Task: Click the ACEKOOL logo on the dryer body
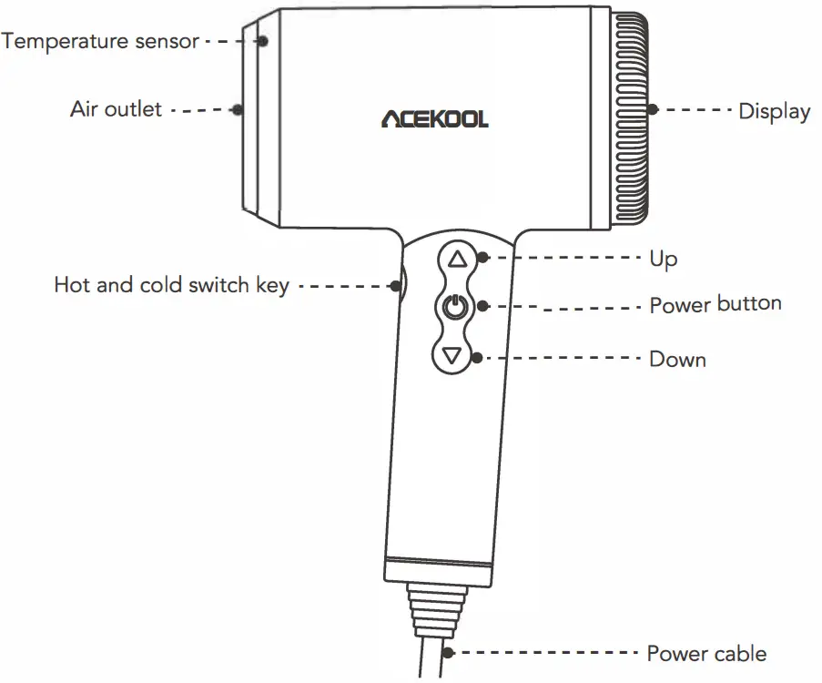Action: click(x=434, y=118)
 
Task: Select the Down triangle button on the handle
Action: click(x=456, y=355)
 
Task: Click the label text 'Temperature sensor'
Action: click(x=100, y=41)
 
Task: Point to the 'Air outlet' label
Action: click(x=116, y=109)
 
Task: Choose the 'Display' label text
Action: click(x=774, y=111)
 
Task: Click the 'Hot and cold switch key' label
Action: click(x=171, y=285)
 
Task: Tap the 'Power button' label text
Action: click(x=715, y=304)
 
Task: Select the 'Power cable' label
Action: click(x=706, y=653)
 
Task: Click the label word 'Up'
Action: click(x=663, y=259)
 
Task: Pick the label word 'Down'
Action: click(x=677, y=359)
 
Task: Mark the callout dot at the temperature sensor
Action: click(x=263, y=41)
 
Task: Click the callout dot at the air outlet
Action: click(x=238, y=109)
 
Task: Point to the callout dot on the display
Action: click(x=653, y=109)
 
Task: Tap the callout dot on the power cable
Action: click(x=450, y=652)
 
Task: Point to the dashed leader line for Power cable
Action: click(x=546, y=652)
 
